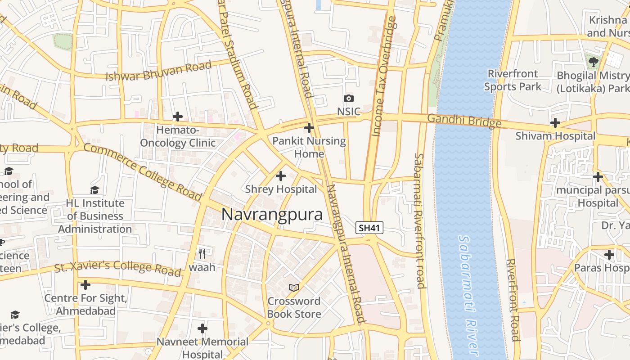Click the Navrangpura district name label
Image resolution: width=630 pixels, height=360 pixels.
[x=272, y=215]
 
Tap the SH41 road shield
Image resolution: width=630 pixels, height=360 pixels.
[x=369, y=228]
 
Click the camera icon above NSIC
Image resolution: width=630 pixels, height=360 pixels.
[x=348, y=98]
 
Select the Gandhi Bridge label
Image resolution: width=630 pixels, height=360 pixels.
[x=464, y=121]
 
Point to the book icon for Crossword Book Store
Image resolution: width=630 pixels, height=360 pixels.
[x=293, y=287]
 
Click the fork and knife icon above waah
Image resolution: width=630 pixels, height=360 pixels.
[x=202, y=254]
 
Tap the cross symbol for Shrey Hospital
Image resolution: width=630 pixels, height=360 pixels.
[x=281, y=176]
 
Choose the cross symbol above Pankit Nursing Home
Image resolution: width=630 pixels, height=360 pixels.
[x=309, y=128]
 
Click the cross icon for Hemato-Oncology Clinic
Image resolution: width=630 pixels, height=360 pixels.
[x=178, y=117]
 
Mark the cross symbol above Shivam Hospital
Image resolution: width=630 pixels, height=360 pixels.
[x=555, y=123]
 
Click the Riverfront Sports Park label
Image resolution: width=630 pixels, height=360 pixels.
[x=513, y=80]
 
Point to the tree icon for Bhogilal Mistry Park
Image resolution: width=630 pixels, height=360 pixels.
[x=593, y=61]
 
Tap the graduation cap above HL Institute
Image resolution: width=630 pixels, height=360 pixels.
[x=94, y=190]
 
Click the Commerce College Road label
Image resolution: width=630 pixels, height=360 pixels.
[x=142, y=172]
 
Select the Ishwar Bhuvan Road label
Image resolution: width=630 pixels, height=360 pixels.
[x=158, y=72]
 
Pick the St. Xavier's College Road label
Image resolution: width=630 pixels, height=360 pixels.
[x=118, y=268]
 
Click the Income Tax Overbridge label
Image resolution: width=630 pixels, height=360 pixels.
[x=383, y=76]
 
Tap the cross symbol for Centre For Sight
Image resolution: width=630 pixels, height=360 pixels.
[x=85, y=285]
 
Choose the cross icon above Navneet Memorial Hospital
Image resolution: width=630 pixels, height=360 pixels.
[x=202, y=328]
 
